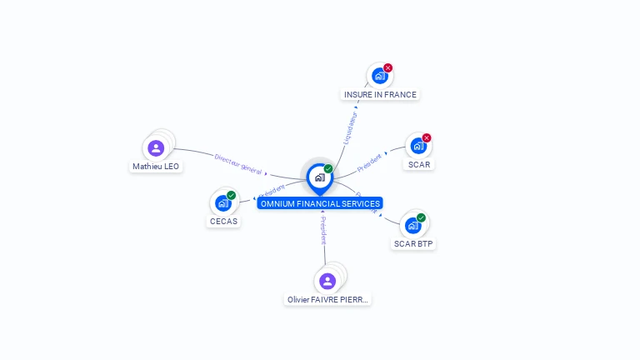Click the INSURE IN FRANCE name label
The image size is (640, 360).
pos(380,95)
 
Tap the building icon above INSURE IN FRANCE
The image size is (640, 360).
pos(379,76)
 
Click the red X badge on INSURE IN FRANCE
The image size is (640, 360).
pos(388,67)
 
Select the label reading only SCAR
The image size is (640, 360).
pos(418,165)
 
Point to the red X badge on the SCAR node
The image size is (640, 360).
pos(427,137)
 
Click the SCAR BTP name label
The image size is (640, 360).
pos(413,244)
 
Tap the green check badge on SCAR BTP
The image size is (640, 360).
pos(421,217)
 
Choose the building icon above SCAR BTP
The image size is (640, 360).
pos(412,225)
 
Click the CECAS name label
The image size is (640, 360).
pos(223,222)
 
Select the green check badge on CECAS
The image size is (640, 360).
pos(231,195)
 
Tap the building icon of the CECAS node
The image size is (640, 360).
pos(222,202)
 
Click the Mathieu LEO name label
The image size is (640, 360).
pos(156,167)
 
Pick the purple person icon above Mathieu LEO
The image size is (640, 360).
pos(156,148)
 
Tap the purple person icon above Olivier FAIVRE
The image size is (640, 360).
pos(327,281)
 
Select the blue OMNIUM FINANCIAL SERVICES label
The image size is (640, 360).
pos(320,203)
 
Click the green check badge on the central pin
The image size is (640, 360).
pos(328,168)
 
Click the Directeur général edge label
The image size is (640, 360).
pos(237,163)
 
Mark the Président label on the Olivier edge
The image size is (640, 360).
pos(323,231)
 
